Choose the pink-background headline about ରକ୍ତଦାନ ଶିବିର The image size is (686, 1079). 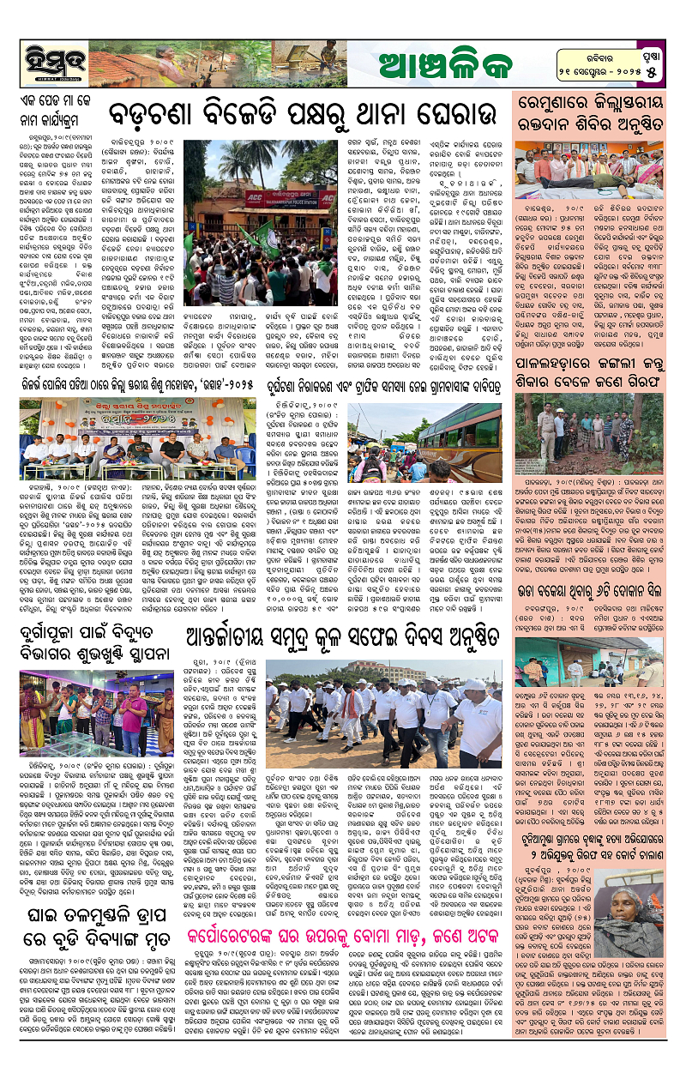(x=595, y=107)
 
